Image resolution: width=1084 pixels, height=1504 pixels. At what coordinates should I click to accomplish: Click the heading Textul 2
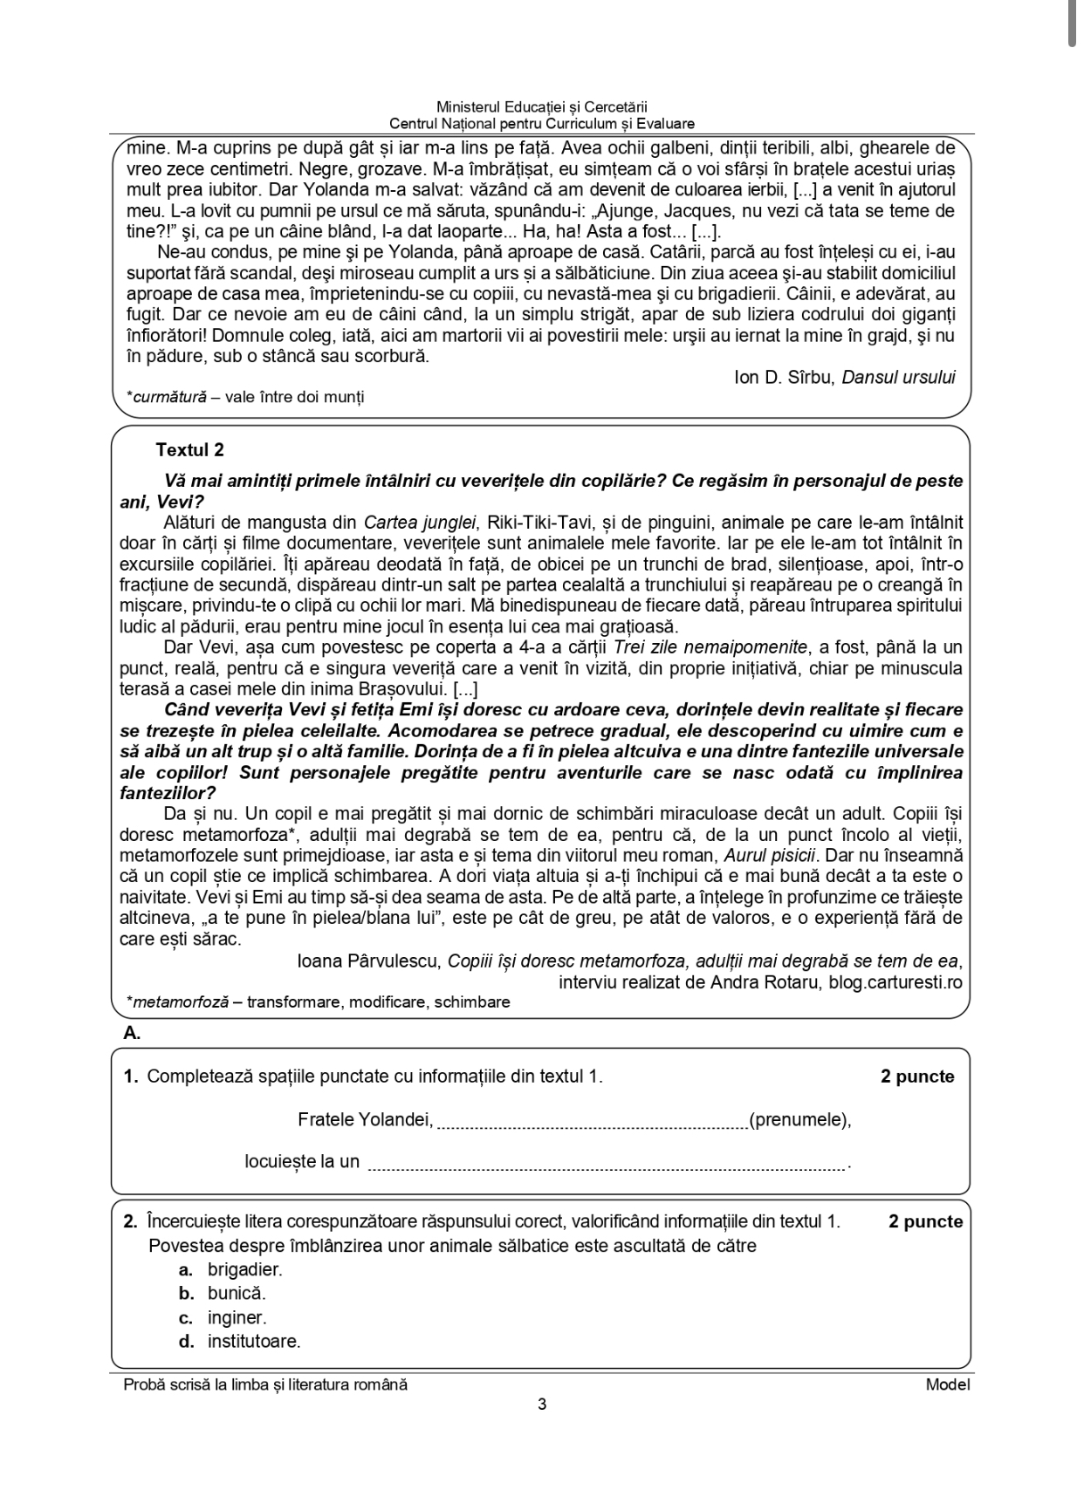pos(189,450)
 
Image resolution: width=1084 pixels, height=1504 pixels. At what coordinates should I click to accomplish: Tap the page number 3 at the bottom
pos(542,1405)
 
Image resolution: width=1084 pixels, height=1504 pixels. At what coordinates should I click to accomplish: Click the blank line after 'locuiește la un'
pos(607,1165)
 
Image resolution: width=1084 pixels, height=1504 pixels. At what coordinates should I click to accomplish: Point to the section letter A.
pos(132,1033)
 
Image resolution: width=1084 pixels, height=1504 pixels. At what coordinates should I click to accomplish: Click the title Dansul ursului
pos(898,377)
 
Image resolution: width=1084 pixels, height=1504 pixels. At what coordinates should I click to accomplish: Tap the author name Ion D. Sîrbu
pos(785,377)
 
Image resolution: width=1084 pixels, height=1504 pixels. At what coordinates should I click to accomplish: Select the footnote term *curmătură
pos(167,397)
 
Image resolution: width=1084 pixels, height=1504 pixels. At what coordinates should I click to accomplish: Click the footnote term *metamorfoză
pos(178,1002)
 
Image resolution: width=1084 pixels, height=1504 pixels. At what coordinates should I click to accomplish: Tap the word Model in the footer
pos(948,1384)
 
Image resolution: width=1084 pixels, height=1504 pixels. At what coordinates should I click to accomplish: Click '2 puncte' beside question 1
pos(917,1077)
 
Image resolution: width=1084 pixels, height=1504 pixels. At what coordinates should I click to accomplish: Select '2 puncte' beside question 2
pos(925,1221)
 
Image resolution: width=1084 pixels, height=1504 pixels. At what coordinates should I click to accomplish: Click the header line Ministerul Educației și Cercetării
pos(542,106)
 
